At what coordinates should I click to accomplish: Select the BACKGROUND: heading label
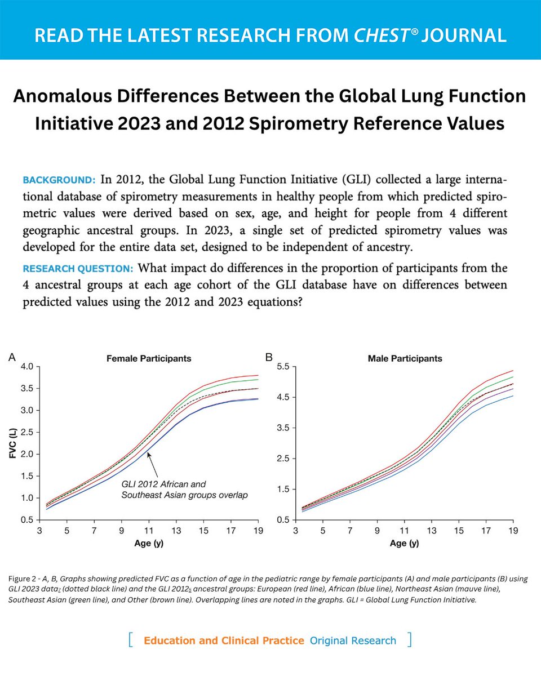click(x=59, y=181)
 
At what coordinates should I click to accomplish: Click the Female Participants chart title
click(x=149, y=358)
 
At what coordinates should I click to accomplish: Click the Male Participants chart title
click(x=405, y=358)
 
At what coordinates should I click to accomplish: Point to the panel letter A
click(x=12, y=357)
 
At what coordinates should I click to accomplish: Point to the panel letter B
click(x=269, y=357)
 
